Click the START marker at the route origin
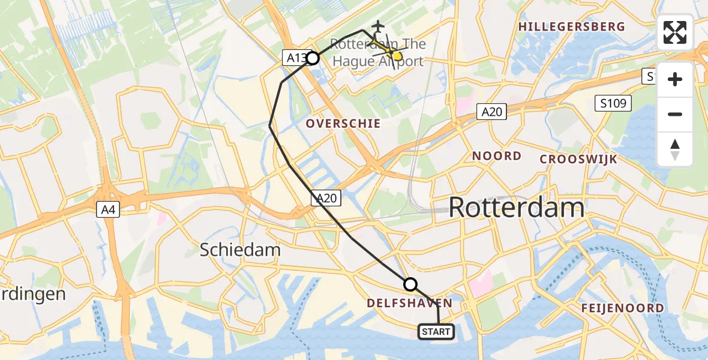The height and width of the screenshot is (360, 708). [436, 332]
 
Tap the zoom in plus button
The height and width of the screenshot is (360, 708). [675, 79]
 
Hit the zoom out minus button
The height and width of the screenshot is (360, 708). [675, 114]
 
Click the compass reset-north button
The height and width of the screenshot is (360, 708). [675, 149]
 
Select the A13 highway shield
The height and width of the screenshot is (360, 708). [295, 58]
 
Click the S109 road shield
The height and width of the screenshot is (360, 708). [613, 103]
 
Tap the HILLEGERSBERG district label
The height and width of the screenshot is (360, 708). [571, 27]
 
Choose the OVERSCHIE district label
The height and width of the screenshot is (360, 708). [343, 124]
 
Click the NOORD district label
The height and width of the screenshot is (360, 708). [496, 156]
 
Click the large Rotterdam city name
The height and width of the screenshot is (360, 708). [516, 208]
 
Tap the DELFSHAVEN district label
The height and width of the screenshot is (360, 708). [409, 304]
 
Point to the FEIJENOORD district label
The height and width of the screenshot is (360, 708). [622, 308]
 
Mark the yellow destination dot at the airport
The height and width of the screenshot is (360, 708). [397, 56]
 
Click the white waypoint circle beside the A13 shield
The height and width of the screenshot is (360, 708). [313, 58]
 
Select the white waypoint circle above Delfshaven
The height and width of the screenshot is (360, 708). [410, 284]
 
